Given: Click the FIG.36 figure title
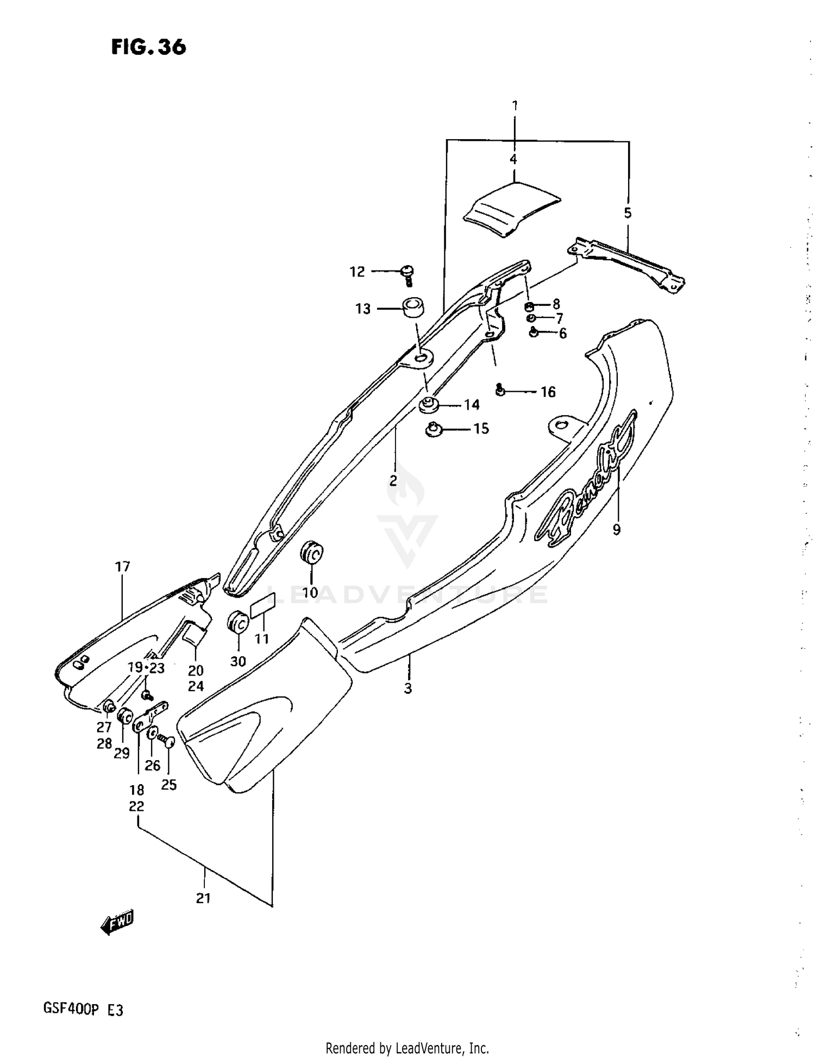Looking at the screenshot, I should (x=148, y=47).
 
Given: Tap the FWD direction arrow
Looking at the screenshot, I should (x=117, y=922).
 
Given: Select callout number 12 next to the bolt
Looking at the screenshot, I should (x=357, y=272).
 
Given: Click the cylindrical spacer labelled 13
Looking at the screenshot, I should (x=413, y=309).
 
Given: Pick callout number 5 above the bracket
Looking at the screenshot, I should (x=628, y=213).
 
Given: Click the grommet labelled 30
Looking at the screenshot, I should (x=237, y=622).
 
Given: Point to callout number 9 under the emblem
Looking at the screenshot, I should (x=616, y=529).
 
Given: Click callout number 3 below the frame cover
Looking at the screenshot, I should (x=407, y=688).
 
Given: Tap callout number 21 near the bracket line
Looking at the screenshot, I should (x=203, y=898).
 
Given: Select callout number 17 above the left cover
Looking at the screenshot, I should (x=122, y=567).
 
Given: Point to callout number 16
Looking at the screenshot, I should (x=548, y=392).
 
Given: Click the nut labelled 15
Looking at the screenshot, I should (x=432, y=430).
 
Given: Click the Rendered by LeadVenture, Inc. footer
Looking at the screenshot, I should (x=407, y=1048).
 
